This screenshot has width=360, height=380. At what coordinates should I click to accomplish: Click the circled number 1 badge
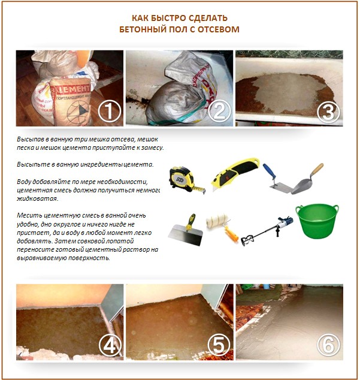[109, 111]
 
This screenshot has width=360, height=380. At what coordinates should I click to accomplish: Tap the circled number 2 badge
[219, 111]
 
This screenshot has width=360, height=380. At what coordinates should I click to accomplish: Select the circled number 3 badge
[329, 111]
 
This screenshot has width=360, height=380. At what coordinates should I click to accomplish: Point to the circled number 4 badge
[109, 345]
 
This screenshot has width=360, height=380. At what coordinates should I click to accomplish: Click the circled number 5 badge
[219, 345]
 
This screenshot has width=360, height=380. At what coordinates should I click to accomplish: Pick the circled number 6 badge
[329, 345]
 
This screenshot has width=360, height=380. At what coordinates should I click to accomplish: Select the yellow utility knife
[235, 174]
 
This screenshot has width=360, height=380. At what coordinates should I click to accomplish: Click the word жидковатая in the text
[35, 197]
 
